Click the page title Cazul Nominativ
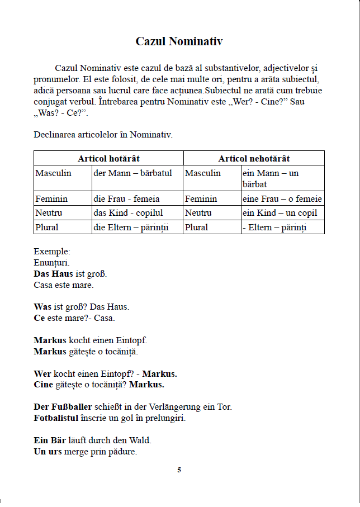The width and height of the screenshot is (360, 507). point(179,42)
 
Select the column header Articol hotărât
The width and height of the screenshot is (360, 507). point(108,159)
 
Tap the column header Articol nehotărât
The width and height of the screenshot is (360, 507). point(254,159)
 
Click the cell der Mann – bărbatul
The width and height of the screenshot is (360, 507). point(133,173)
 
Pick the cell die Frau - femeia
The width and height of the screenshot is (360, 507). point(127,199)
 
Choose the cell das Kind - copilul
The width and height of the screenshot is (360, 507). point(129,213)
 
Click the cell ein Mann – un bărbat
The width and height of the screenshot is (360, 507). point(271,178)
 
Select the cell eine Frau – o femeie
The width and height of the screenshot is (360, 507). point(282,199)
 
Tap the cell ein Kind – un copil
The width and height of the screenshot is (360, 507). point(280,213)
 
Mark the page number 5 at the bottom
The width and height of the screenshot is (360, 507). point(179,470)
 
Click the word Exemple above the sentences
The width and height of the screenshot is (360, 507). point(52,252)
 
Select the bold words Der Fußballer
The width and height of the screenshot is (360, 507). point(63,407)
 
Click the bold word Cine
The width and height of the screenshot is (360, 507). point(43,385)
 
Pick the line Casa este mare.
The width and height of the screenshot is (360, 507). point(64,285)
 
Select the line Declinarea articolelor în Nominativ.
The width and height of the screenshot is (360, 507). point(103,135)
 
